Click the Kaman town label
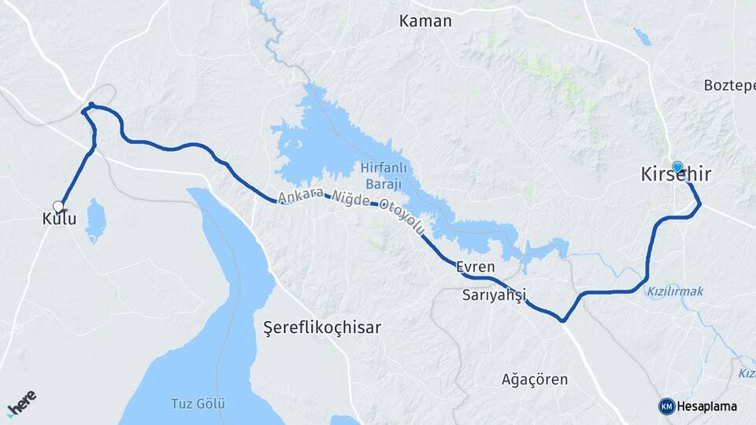425,21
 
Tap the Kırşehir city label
675,175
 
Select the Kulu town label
59,219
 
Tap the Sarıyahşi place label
495,296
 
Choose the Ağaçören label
535,379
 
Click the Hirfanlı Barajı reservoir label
381,175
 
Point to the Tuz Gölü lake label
198,404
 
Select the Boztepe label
729,84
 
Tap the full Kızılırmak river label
675,291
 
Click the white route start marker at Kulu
57,206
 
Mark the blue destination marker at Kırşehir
677,166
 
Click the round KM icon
667,406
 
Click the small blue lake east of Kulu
95,221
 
